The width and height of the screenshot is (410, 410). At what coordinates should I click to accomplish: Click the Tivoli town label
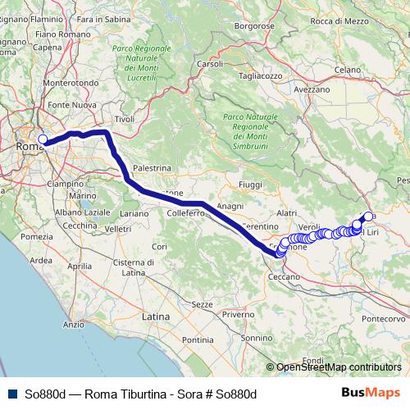click(125, 119)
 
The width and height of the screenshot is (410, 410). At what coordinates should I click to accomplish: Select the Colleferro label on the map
click(184, 213)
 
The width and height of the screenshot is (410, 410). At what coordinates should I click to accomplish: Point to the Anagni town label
click(231, 206)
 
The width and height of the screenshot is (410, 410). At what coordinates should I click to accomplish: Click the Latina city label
click(156, 315)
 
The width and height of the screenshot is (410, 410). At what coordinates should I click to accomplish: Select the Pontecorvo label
click(384, 318)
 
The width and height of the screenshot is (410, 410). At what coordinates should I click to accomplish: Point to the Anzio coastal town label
click(74, 325)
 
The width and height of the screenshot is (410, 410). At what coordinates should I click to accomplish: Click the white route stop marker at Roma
click(43, 139)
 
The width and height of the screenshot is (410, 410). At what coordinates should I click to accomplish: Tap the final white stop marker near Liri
click(368, 216)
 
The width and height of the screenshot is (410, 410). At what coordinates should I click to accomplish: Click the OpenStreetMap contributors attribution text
click(338, 367)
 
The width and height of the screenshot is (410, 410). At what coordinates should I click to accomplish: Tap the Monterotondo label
click(71, 83)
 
